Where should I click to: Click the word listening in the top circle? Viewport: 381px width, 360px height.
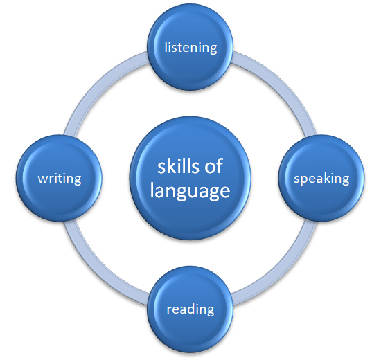point(190,48)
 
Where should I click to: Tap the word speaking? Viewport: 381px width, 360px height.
point(321,179)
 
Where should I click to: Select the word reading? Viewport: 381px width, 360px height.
point(190,309)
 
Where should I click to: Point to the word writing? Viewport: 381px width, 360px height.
point(60,179)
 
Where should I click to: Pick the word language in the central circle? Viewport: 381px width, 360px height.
point(190,191)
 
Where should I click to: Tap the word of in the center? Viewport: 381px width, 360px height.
point(214,166)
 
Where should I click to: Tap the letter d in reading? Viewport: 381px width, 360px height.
point(193,309)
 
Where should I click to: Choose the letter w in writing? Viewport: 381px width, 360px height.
point(43,179)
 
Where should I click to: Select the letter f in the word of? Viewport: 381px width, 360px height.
point(220,165)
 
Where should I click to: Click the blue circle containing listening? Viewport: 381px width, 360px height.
point(190,47)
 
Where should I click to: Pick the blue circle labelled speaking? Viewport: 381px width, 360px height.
point(321,178)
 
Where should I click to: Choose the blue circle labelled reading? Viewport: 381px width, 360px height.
point(190,309)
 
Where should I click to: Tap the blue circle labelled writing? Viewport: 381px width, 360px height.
point(59,178)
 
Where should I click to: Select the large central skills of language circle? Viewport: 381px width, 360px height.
point(190,178)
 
